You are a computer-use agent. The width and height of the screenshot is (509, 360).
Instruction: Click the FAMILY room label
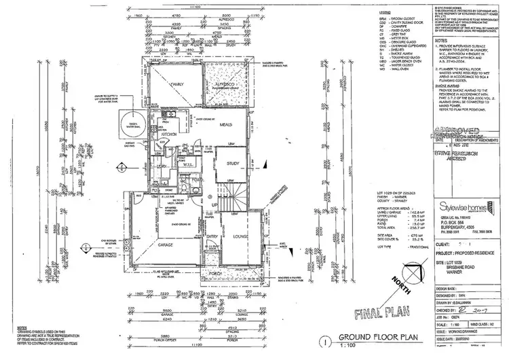(x=178, y=84)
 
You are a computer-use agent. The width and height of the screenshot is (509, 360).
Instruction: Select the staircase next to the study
(x=237, y=200)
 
